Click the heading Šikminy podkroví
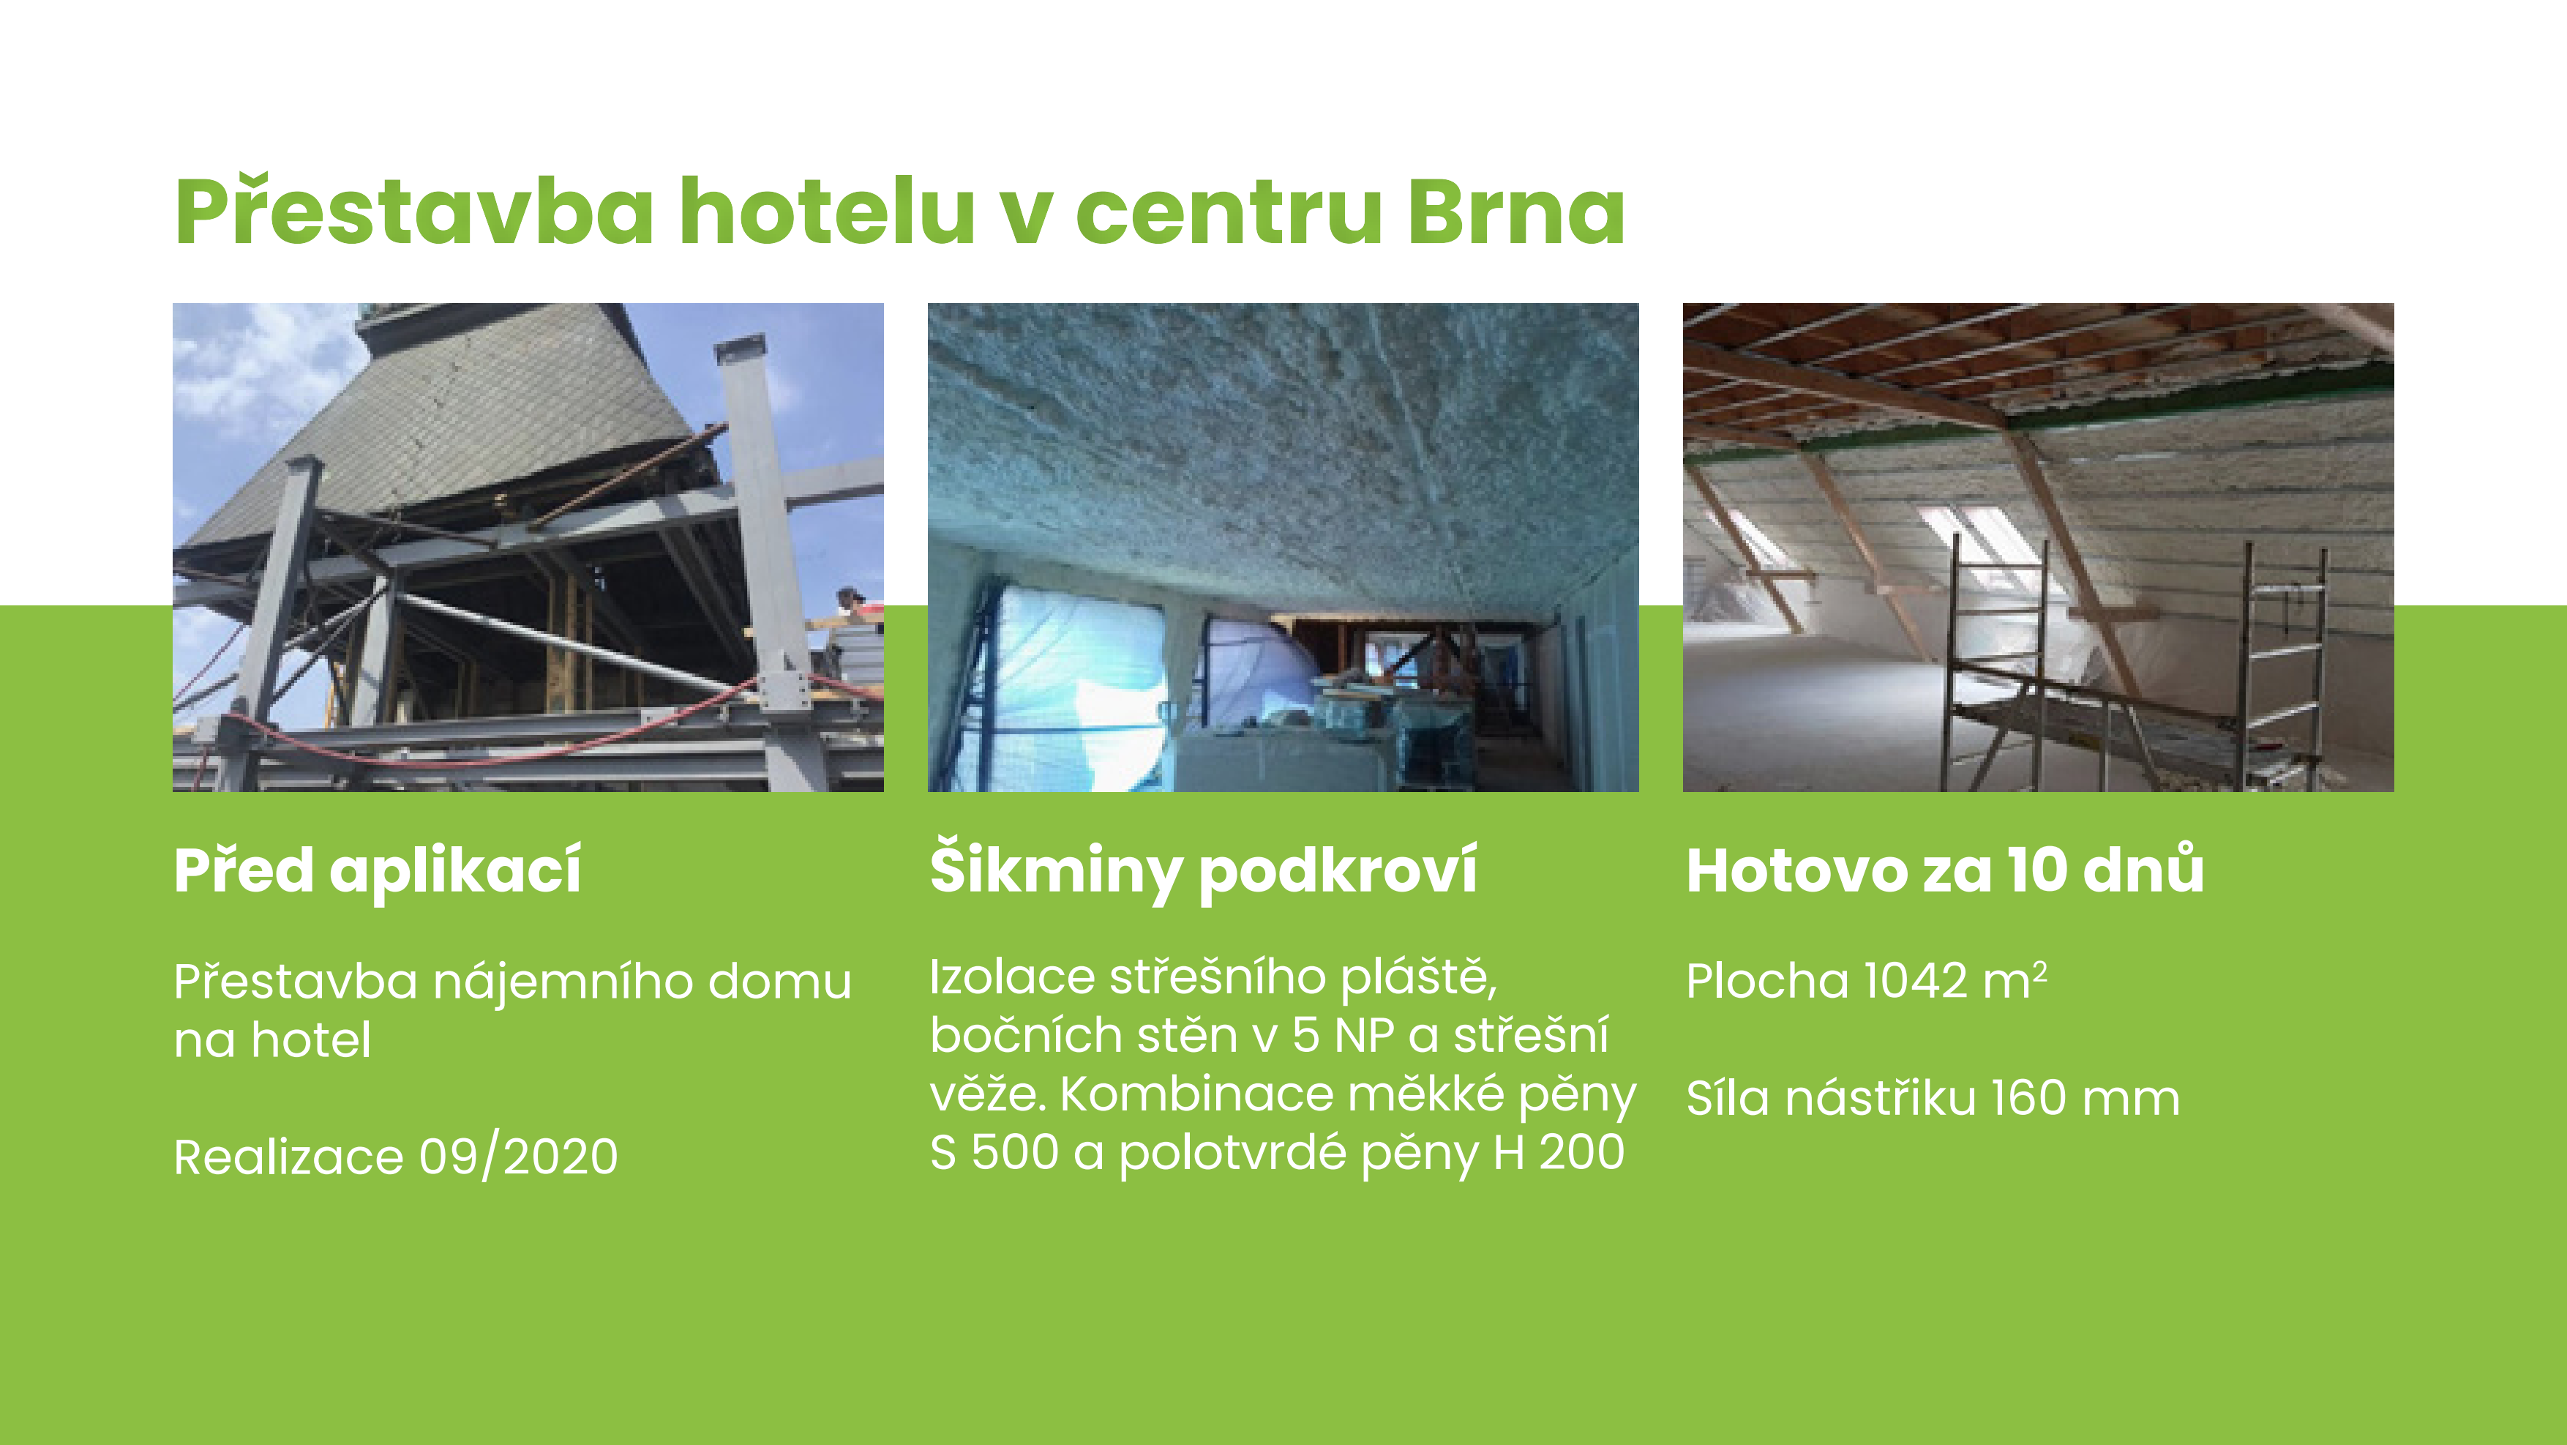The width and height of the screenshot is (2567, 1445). click(x=1203, y=869)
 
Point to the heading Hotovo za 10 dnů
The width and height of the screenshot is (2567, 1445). click(x=1945, y=869)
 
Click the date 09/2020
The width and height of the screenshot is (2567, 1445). click(x=518, y=1157)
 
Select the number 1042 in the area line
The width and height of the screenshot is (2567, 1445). click(x=1914, y=981)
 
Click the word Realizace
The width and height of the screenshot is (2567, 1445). click(x=289, y=1157)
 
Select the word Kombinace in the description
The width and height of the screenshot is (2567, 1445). click(x=1196, y=1094)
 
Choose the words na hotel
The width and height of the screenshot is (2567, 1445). click(x=272, y=1040)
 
